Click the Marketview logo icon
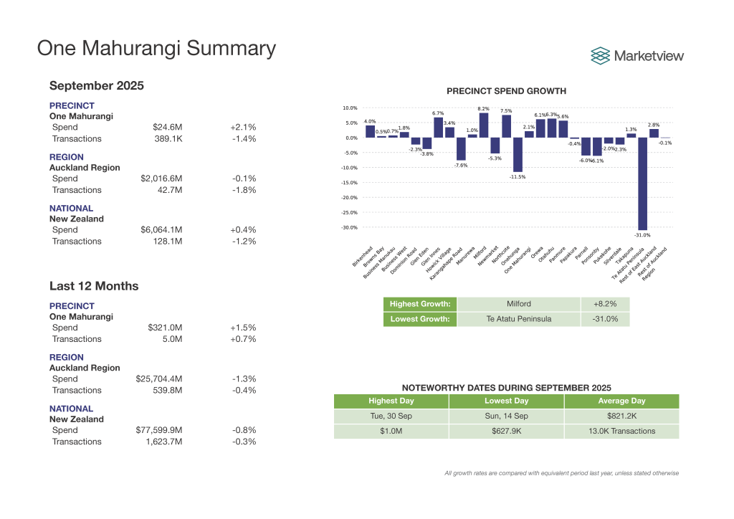pos(600,55)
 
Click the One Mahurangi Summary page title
pos(156,48)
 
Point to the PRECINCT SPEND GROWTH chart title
pos(506,91)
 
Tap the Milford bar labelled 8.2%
pos(483,125)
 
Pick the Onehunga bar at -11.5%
pos(518,155)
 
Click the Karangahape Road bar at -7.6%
pos(461,149)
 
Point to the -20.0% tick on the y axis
pos(349,198)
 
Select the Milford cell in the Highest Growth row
pos(518,304)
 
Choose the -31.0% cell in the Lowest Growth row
pos(605,319)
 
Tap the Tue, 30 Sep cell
pos(391,416)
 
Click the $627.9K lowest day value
pos(506,432)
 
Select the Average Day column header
pos(621,401)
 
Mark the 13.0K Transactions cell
pos(621,432)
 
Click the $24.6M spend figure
pos(168,127)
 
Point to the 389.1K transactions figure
pos(168,138)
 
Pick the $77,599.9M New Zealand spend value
pos(159,430)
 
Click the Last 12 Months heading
pos(94,286)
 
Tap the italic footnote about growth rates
pos(561,473)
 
